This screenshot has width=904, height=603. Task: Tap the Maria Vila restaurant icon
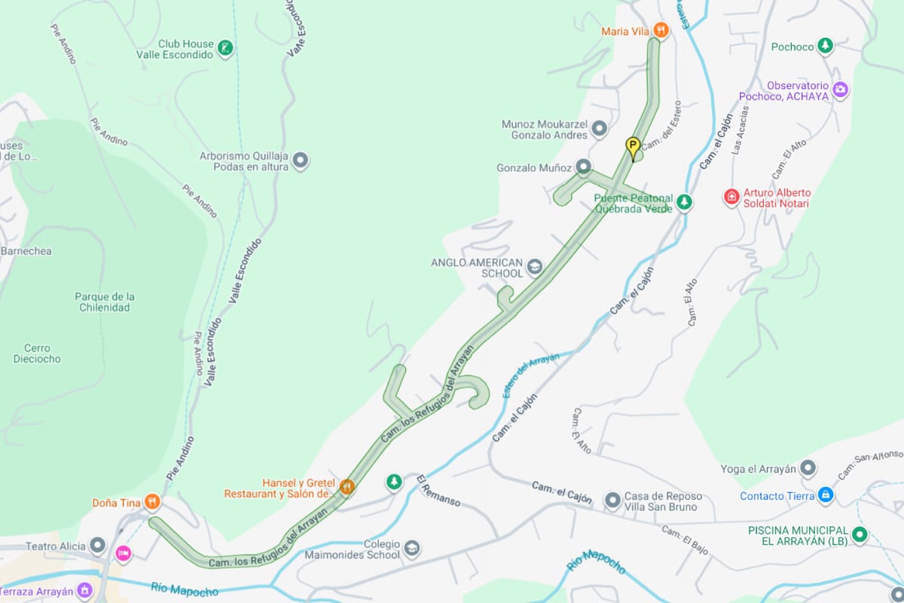coord(661,31)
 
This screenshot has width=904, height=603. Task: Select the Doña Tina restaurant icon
coord(152,502)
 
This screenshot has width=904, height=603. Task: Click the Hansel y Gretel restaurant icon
coord(347,486)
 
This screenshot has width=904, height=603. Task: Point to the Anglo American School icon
coord(534,267)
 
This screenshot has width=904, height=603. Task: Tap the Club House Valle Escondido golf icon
coord(224,49)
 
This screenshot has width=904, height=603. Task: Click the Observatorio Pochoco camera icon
coord(840,90)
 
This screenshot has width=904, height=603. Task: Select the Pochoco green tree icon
coord(826,47)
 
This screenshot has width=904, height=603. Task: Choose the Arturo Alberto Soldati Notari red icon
coord(731,197)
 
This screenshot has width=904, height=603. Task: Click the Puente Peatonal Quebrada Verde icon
coord(684,202)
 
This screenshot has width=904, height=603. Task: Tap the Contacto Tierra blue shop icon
coord(826,495)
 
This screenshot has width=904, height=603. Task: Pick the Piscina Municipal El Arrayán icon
coord(860,535)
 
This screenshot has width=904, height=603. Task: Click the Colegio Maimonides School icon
coord(411,549)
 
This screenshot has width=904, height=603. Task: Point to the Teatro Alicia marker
coord(97,545)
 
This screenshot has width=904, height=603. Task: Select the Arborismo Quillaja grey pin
coord(300,161)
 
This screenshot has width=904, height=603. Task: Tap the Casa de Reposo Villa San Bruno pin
coord(612,500)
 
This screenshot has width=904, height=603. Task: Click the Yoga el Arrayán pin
coord(808,469)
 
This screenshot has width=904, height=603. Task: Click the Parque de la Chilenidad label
coord(105,301)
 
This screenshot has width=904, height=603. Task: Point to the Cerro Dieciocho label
coord(37,354)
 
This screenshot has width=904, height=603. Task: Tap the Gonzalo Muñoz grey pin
coord(584,167)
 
